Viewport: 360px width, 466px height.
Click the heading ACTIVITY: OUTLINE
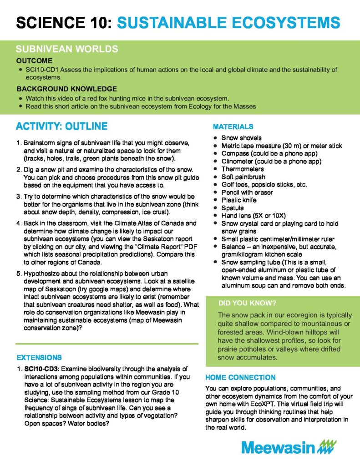(x=61, y=126)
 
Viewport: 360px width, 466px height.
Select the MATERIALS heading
(x=233, y=127)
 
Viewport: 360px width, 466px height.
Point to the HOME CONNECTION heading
(x=240, y=377)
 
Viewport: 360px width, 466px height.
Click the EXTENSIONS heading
(x=39, y=358)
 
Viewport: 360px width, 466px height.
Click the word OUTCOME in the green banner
(x=34, y=61)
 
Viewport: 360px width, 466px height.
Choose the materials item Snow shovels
(x=241, y=137)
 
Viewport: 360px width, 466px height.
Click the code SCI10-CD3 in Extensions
(x=43, y=368)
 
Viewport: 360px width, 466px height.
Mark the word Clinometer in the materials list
(x=239, y=161)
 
